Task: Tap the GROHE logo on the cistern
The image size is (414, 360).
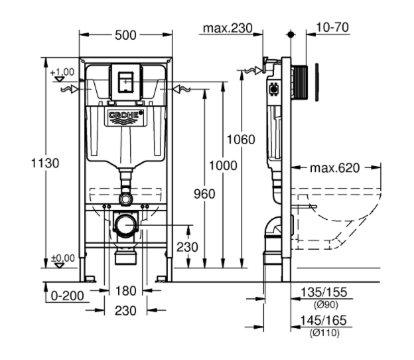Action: tap(125, 117)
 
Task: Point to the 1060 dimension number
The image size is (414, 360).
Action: tap(240, 139)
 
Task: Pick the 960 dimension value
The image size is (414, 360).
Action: tap(204, 194)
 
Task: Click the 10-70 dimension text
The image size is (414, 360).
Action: tap(333, 27)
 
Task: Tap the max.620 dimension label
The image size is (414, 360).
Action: tap(334, 168)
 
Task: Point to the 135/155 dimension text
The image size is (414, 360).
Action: tap(324, 293)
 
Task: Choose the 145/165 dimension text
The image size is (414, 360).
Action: tap(324, 321)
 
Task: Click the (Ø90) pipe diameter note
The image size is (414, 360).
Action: tap(325, 305)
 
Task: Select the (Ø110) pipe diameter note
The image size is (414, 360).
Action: tap(324, 333)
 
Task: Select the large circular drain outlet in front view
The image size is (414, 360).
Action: tap(125, 226)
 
